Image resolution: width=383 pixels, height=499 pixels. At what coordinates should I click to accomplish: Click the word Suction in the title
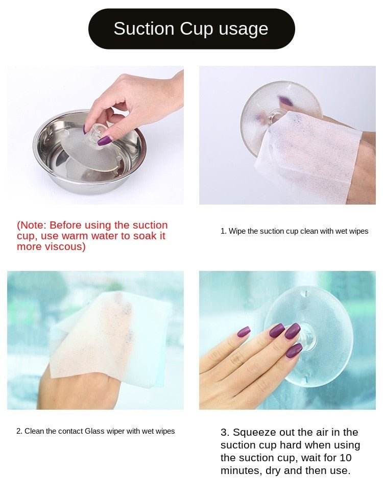pyautogui.click(x=144, y=29)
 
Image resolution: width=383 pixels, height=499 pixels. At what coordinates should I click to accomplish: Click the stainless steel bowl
pyautogui.click(x=89, y=152)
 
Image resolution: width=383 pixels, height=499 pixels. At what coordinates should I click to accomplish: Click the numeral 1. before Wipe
pyautogui.click(x=223, y=231)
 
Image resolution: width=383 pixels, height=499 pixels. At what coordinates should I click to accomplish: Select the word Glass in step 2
pyautogui.click(x=94, y=431)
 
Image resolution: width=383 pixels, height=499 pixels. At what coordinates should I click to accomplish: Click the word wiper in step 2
pyautogui.click(x=115, y=432)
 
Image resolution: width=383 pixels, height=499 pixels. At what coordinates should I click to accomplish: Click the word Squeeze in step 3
pyautogui.click(x=254, y=433)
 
